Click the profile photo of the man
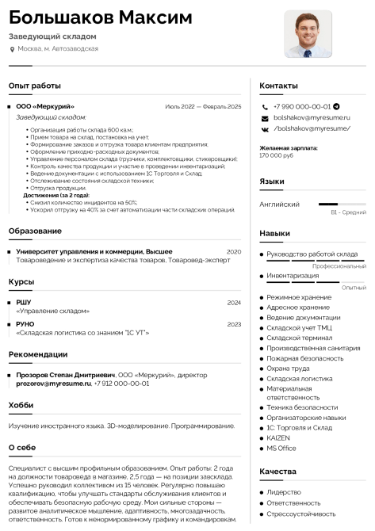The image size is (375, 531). click(x=308, y=34)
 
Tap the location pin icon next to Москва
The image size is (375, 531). click(x=12, y=49)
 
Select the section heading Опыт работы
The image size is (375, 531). click(x=34, y=85)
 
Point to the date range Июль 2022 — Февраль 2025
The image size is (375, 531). click(x=202, y=106)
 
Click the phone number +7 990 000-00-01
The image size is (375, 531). click(x=301, y=106)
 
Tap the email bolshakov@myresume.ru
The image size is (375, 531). click(x=311, y=117)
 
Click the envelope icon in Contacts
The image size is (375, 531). click(x=265, y=117)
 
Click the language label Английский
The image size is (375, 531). click(x=279, y=204)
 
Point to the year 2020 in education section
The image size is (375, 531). click(x=233, y=251)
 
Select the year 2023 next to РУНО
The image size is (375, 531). click(x=233, y=324)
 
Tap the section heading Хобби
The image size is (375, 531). click(x=21, y=405)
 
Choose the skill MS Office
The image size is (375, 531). click(x=281, y=448)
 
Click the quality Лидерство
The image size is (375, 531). click(x=283, y=492)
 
